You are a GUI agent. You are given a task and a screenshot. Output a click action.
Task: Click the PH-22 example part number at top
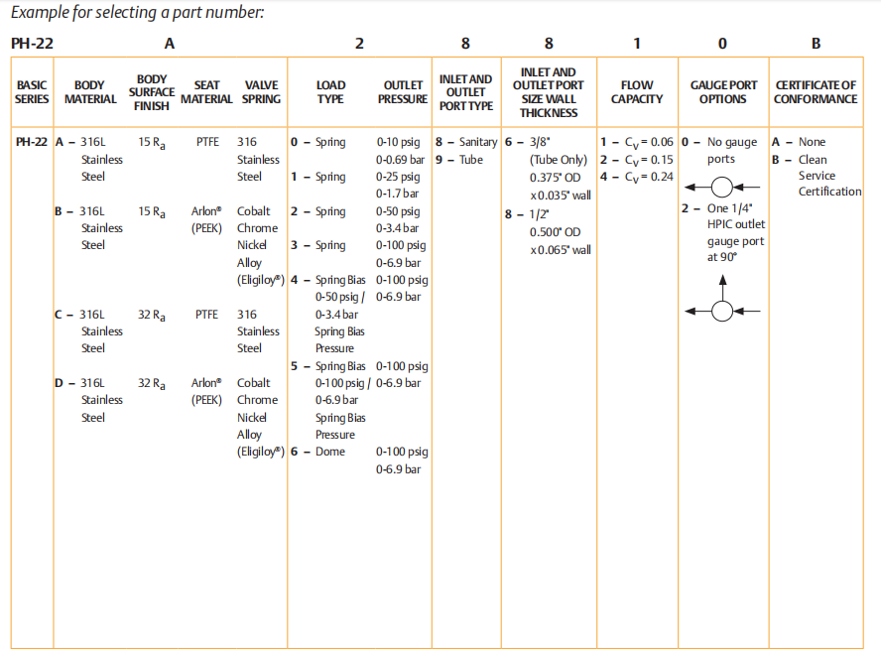[x=32, y=44]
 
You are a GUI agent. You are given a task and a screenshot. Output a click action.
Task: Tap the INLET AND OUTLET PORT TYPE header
[x=465, y=92]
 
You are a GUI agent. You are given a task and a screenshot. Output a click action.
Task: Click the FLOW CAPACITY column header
[x=637, y=92]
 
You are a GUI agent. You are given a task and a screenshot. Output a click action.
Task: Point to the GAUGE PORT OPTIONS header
[x=722, y=92]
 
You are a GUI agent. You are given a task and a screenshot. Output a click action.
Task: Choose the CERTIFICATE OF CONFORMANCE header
[x=816, y=92]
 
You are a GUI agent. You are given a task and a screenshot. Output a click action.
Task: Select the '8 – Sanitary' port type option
[x=466, y=142]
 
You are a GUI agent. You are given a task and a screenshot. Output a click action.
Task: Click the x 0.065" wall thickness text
[x=561, y=249]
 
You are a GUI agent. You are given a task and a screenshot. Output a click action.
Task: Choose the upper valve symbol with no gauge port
[x=722, y=187]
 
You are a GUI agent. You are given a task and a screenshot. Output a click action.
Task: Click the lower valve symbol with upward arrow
[x=722, y=310]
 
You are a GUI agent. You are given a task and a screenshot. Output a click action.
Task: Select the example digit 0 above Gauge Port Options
[x=721, y=44]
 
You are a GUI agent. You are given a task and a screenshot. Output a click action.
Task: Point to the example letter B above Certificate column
[x=816, y=44]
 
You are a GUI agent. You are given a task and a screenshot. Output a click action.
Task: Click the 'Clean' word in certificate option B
[x=813, y=159]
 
